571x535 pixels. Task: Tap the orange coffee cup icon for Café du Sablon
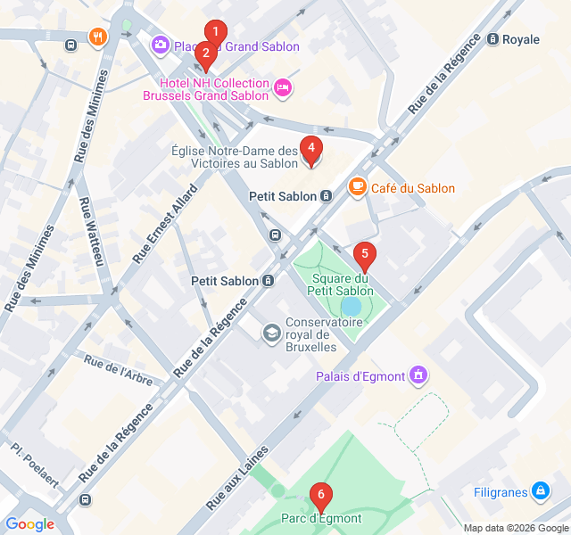358,186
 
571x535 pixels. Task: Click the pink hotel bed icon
282,87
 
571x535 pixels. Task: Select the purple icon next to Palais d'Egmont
417,375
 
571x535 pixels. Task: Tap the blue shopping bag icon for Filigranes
540,491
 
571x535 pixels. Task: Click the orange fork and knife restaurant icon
97,37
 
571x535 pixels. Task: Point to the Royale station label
520,39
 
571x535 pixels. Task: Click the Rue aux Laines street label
237,479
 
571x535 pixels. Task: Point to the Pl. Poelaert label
36,465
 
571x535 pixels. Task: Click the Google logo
29,524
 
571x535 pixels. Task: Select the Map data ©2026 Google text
513,527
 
